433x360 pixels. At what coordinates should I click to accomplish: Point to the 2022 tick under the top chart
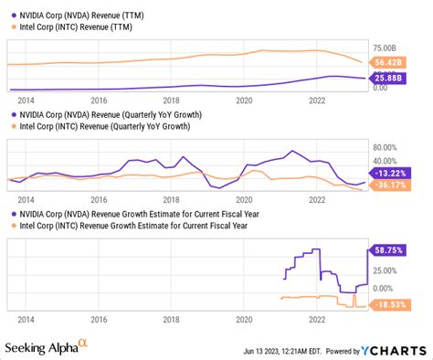[317, 101]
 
